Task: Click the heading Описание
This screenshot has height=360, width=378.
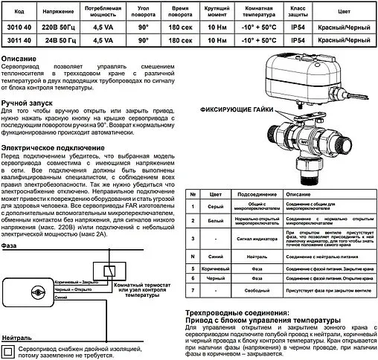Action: [22, 58]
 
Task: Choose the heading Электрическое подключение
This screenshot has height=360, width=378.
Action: [51, 147]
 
